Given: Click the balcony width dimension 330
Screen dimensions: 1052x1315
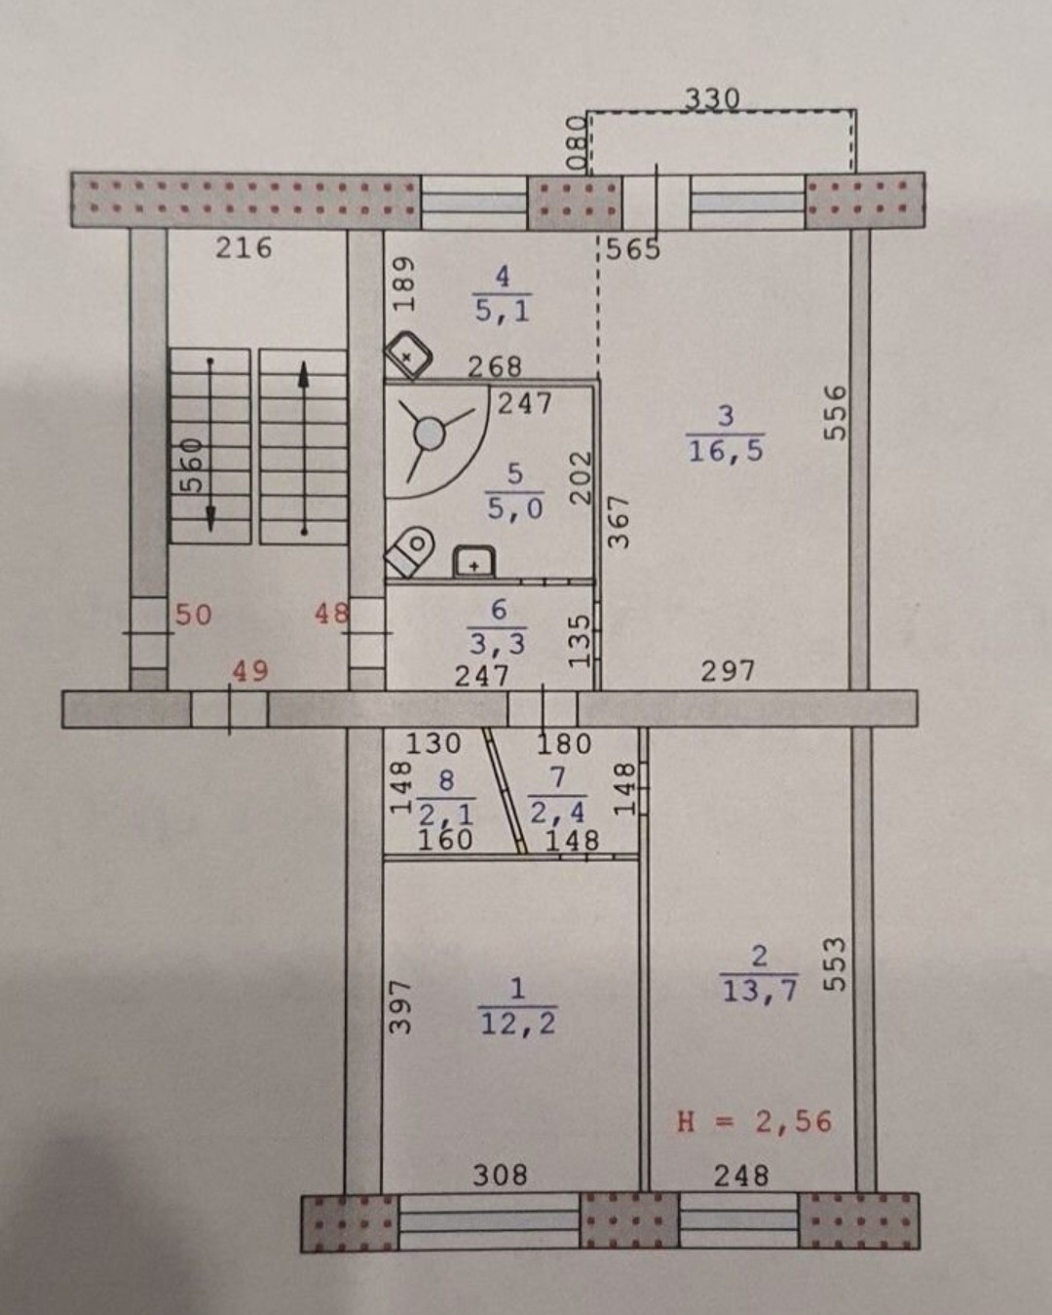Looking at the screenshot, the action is click(x=712, y=98).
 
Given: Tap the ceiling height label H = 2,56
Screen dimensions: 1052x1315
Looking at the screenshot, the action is click(x=755, y=1121).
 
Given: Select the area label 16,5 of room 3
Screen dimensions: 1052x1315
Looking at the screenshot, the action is click(x=726, y=450).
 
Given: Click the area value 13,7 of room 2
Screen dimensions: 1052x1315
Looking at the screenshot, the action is click(x=760, y=991).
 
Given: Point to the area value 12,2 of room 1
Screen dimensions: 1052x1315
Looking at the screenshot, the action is click(x=518, y=1023).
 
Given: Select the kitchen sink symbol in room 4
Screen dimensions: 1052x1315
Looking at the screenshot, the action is click(x=410, y=357).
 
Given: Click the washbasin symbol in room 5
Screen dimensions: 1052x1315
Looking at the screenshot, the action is click(x=474, y=562).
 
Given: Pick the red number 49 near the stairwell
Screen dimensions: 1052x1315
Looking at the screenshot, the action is click(x=250, y=671).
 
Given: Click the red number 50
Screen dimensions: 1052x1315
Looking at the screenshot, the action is click(x=193, y=615).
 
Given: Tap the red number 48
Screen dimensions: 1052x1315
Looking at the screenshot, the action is click(x=331, y=614).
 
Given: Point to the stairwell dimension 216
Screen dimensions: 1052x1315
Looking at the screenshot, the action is click(x=244, y=247).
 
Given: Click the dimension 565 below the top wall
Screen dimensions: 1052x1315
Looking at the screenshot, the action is click(x=633, y=249).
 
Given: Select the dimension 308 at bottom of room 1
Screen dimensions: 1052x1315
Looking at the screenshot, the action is click(x=500, y=1176).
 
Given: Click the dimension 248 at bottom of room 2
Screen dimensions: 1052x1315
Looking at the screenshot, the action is click(x=740, y=1176).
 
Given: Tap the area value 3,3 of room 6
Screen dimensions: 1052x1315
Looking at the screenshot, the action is click(x=498, y=643).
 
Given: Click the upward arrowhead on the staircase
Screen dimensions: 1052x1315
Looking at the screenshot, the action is click(x=304, y=374).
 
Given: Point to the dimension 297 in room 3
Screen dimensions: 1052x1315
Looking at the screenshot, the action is click(x=728, y=670).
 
